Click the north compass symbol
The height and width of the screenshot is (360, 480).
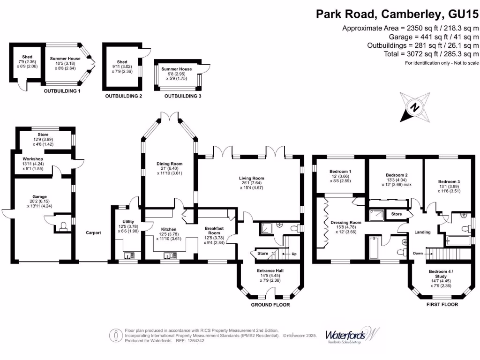pos(415,107)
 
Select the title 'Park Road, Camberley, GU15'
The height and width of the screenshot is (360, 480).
pos(397,14)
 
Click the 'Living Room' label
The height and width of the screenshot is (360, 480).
pos(251,178)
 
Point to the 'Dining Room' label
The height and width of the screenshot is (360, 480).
pos(169,164)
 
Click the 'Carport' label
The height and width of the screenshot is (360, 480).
pos(93,232)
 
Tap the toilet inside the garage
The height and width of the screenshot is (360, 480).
pos(63,227)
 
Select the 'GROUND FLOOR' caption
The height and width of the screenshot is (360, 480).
pos(270,305)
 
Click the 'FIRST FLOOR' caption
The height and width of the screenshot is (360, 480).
pos(442,305)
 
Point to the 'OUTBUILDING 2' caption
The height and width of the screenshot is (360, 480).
pos(123,96)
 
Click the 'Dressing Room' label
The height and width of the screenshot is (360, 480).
pos(346,223)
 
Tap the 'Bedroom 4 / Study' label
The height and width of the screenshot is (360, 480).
pos(441,274)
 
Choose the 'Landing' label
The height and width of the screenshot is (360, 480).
pos(422,232)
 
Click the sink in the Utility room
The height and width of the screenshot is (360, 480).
pos(128,255)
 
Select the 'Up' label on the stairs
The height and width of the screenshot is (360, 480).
pos(294,254)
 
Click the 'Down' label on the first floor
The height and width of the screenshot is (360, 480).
pos(418,254)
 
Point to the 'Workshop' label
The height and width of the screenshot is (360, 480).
pos(33,159)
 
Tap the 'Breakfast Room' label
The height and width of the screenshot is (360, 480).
pos(214,230)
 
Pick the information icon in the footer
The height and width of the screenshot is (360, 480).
pos(115,335)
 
